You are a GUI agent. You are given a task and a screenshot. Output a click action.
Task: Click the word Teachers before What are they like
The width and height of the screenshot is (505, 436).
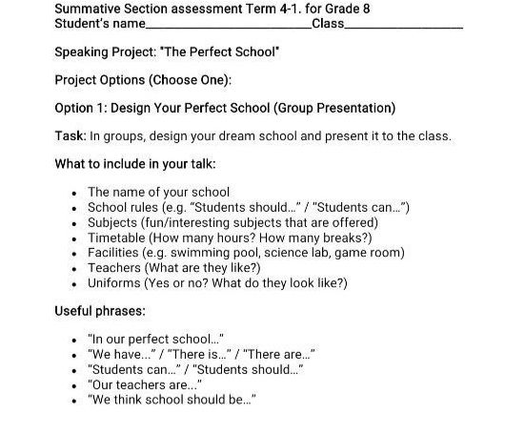[x=116, y=268]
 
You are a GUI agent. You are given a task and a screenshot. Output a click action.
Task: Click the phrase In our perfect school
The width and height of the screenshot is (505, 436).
[x=154, y=340]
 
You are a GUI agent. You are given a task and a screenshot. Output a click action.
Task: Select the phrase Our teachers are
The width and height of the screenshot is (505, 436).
[x=142, y=385]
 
